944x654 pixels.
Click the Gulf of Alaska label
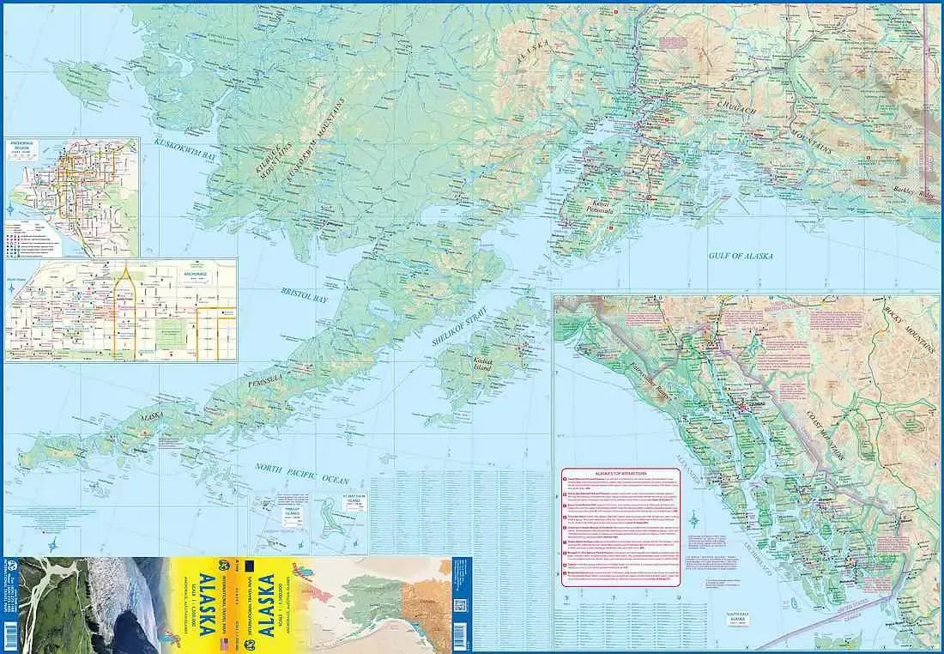pos(741,256)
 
